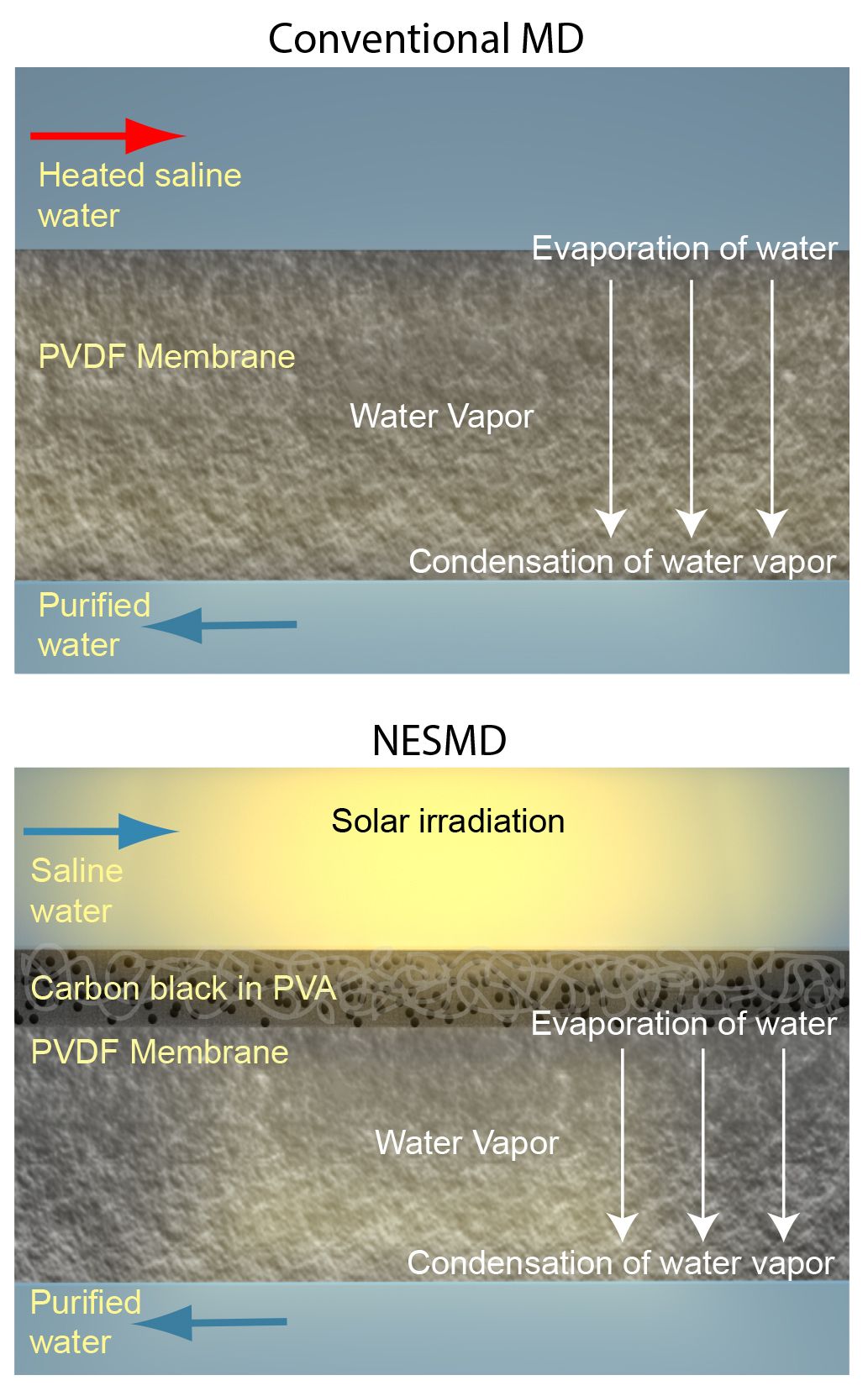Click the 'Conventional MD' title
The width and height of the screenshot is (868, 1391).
(x=426, y=39)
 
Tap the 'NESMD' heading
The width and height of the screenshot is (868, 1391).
(x=439, y=740)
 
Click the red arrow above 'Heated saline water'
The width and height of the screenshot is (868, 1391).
(x=108, y=135)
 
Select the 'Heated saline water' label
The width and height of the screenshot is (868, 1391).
(x=139, y=195)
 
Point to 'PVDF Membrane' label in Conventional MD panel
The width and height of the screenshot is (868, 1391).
(x=166, y=356)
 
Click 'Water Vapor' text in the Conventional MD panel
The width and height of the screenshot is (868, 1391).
(x=442, y=416)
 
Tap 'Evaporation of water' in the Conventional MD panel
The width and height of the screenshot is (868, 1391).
(x=685, y=249)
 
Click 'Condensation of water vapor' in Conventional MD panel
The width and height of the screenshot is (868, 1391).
(x=622, y=562)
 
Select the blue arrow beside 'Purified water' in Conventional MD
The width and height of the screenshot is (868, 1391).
(x=220, y=625)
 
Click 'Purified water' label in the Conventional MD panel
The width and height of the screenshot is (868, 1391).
(x=94, y=625)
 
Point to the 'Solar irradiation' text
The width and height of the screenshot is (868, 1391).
(x=448, y=821)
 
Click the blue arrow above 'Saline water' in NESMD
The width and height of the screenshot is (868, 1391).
(x=102, y=831)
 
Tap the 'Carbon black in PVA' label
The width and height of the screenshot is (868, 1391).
(x=183, y=988)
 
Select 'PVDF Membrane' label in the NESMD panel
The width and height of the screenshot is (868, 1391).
(x=160, y=1052)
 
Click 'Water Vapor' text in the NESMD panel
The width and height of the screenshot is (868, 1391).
(x=466, y=1142)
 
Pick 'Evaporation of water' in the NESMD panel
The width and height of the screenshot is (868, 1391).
(x=684, y=1023)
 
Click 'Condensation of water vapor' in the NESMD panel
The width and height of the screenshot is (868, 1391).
(x=621, y=1263)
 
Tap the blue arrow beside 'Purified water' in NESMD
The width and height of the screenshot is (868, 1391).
(x=210, y=1322)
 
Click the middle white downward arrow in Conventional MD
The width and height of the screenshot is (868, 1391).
(x=692, y=408)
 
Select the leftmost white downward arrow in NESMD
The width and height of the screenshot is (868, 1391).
(x=622, y=1145)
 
